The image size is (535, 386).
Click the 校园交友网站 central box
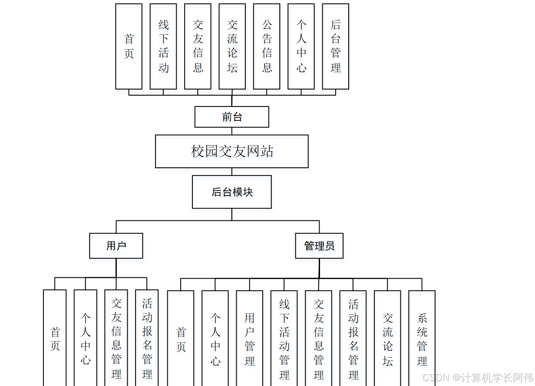click(232, 151)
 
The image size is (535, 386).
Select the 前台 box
click(232, 117)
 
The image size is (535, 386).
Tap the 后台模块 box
click(232, 192)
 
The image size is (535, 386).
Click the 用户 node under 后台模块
click(116, 246)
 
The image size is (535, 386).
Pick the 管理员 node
click(319, 246)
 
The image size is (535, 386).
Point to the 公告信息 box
click(267, 47)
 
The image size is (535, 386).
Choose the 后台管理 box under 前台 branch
click(336, 47)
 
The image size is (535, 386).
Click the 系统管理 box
click(422, 338)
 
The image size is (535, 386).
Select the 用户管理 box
click(250, 338)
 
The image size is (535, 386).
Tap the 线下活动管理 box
click(284, 338)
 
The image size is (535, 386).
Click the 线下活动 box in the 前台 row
click(163, 47)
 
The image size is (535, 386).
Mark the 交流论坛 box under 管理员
click(387, 338)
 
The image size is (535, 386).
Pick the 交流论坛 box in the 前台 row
click(232, 47)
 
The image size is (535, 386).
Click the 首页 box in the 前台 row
click(129, 47)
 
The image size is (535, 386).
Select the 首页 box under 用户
click(55, 338)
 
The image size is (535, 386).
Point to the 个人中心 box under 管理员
click(215, 338)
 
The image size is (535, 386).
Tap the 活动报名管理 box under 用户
click(147, 338)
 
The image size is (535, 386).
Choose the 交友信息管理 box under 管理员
click(319, 338)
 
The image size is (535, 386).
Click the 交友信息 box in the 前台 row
click(198, 47)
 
